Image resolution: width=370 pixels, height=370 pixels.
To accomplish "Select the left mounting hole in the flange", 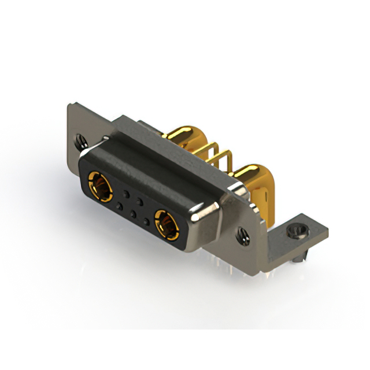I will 79,139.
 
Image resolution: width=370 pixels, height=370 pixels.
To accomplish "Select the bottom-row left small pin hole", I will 119,205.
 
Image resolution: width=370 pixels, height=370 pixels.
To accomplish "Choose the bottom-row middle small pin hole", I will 134,213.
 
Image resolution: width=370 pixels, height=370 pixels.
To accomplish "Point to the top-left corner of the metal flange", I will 70,104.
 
